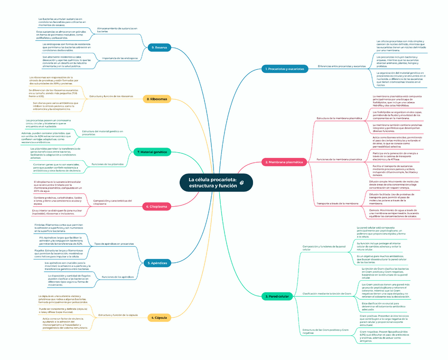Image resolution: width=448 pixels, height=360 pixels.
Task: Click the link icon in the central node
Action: [241, 182]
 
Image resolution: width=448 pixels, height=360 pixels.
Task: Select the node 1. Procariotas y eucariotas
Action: [285, 69]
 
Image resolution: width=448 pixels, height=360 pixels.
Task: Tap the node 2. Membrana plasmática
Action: [284, 162]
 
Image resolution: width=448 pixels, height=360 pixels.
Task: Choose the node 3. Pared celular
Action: [277, 297]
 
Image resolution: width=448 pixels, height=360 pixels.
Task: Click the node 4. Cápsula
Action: [157, 318]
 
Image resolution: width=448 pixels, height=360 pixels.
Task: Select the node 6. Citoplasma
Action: [157, 207]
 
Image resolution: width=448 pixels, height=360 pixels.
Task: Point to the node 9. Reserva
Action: [158, 48]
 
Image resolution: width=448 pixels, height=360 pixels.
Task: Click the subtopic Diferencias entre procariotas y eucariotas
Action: [341, 67]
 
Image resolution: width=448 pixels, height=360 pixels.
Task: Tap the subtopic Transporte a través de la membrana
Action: [337, 204]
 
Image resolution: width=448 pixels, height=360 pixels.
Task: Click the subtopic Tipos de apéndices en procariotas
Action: [114, 244]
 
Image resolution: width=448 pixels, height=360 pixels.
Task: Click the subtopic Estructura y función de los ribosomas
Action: [111, 96]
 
